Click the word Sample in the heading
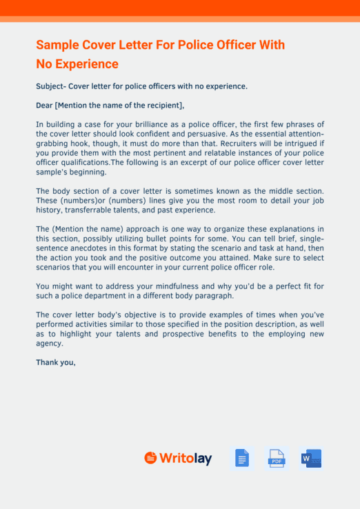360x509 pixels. click(56, 46)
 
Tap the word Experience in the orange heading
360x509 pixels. click(86, 64)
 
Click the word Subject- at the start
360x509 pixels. click(52, 86)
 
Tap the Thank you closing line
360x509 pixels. click(56, 362)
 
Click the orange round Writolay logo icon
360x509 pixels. click(150, 458)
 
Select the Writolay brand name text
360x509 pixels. click(186, 458)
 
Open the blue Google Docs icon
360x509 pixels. click(241, 458)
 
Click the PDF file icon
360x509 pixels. click(277, 458)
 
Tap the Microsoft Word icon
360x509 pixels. click(311, 458)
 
